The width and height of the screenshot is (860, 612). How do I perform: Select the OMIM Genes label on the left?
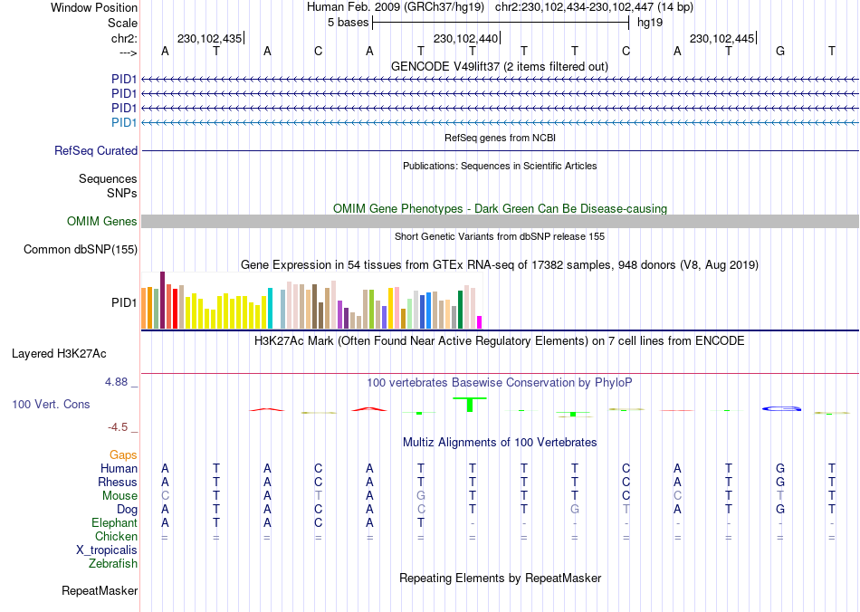102,222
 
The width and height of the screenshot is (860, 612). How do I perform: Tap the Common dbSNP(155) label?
81,250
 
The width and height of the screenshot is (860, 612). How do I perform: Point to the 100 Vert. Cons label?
51,404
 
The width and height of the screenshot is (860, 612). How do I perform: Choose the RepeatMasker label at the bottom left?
100,591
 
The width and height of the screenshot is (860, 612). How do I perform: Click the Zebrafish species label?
113,564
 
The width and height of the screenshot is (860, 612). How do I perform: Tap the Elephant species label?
114,523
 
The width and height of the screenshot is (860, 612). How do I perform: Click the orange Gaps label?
123,454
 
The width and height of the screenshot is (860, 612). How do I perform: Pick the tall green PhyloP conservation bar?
470,404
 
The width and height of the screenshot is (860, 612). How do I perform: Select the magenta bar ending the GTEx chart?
480,322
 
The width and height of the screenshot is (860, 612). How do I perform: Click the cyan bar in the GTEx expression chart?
271,308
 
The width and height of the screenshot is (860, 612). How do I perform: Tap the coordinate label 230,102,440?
465,39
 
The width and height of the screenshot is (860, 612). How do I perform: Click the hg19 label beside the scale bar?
650,22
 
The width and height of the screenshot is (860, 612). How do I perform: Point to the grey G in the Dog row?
575,510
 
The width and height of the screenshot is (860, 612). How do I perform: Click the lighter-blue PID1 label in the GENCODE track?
124,122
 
